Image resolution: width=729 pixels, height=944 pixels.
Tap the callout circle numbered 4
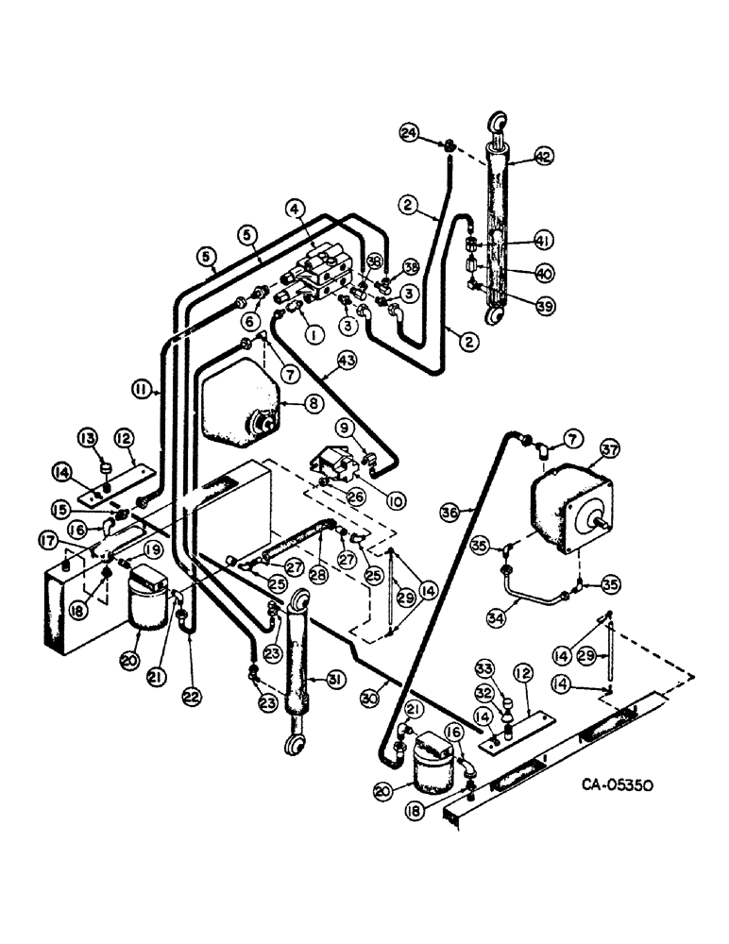[x=296, y=209]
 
